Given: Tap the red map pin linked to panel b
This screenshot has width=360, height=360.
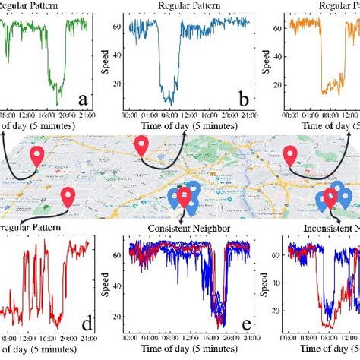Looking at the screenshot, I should (x=141, y=144).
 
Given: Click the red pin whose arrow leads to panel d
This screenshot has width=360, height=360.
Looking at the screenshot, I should (x=68, y=196).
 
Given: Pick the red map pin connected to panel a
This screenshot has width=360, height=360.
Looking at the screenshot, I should (x=37, y=156).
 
